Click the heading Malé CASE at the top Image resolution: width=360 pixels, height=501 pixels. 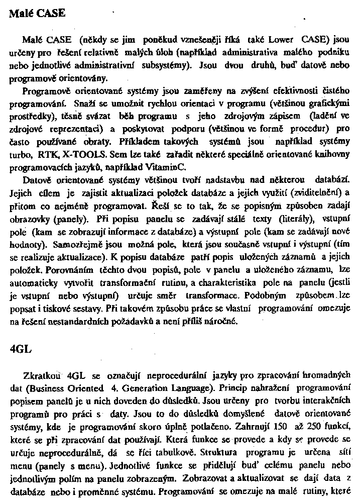pos(37,14)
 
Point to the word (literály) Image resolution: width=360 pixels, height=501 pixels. pos(288,219)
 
